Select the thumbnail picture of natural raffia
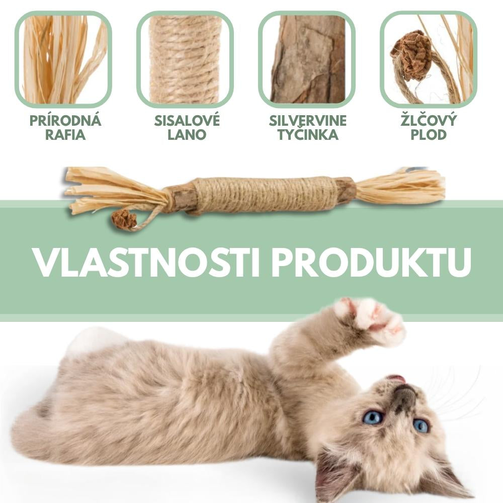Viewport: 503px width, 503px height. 63,59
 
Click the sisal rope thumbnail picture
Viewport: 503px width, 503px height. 185,59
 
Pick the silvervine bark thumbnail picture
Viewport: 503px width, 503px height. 307,59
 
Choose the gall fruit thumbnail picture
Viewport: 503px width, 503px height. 429,59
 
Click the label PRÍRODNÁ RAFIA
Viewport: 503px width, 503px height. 65,128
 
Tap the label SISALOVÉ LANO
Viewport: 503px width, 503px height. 187,128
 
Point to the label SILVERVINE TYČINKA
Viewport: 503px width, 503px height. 307,128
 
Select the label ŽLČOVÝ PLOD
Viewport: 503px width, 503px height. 429,128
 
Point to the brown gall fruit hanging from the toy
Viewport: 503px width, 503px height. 124,219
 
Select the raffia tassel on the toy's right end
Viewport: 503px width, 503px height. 402,188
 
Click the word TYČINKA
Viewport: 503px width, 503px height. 307,135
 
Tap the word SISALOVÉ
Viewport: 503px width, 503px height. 187,121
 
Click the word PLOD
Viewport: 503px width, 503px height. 429,135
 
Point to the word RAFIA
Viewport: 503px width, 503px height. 65,135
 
